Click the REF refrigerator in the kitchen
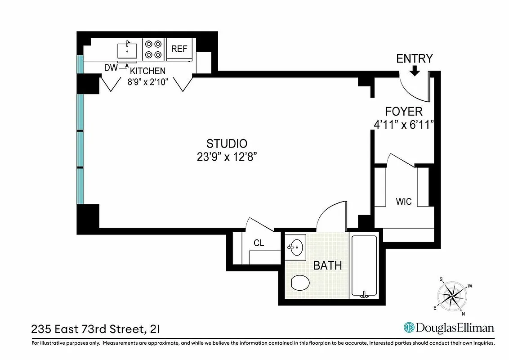pyautogui.click(x=179, y=49)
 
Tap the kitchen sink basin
pyautogui.click(x=127, y=50)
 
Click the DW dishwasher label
pyautogui.click(x=111, y=68)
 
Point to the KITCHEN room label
pyautogui.click(x=147, y=71)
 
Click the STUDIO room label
pyautogui.click(x=227, y=144)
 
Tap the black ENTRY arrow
pyautogui.click(x=415, y=70)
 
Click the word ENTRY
pyautogui.click(x=414, y=58)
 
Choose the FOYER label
pyautogui.click(x=403, y=112)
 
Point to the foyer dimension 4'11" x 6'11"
pyautogui.click(x=403, y=124)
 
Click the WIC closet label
pyautogui.click(x=403, y=202)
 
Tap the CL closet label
pyautogui.click(x=259, y=243)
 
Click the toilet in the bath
pyautogui.click(x=300, y=283)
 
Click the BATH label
pyautogui.click(x=327, y=265)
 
